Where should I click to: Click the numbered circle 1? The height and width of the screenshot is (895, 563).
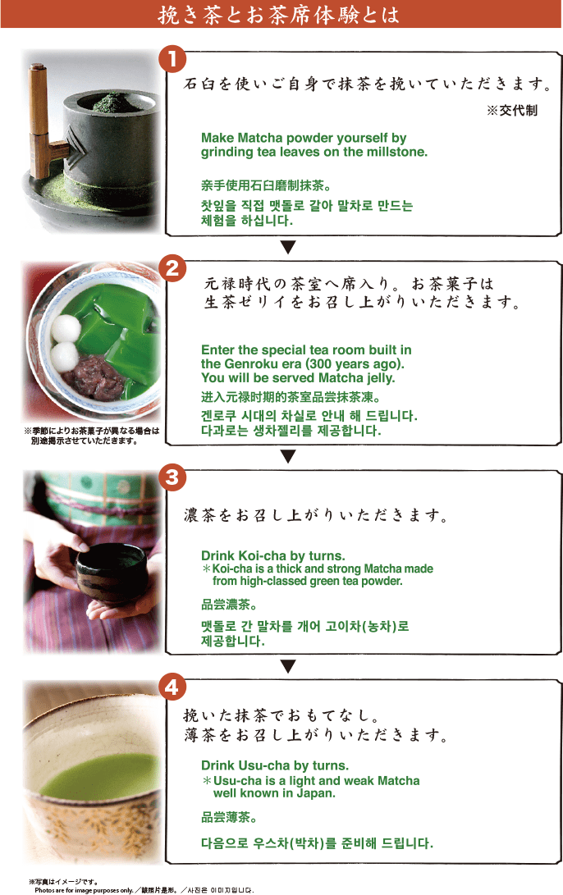[x=172, y=59]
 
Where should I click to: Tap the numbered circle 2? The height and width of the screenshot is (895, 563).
[x=172, y=268]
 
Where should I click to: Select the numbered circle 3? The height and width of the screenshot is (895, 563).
[x=172, y=477]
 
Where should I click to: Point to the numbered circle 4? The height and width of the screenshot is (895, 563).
[x=172, y=687]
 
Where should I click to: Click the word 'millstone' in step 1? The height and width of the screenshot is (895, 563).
[x=397, y=152]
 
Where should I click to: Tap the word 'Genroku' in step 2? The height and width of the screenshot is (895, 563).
[x=249, y=364]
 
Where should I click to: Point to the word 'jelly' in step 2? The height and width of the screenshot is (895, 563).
[x=380, y=378]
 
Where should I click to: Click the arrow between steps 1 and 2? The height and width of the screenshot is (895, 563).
[x=288, y=247]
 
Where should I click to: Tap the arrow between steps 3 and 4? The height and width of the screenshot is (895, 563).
[x=288, y=666]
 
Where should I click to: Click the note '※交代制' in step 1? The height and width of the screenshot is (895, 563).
[x=512, y=111]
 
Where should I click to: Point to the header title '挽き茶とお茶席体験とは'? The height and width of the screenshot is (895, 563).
[x=279, y=14]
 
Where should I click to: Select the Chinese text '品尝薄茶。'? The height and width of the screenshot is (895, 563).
[x=228, y=817]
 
